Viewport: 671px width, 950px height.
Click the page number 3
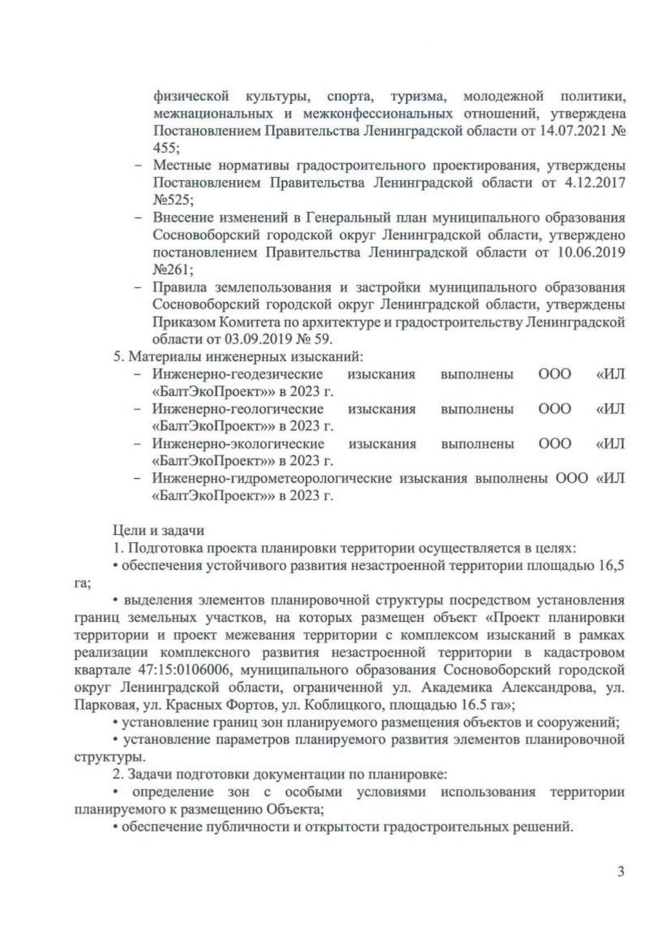620,887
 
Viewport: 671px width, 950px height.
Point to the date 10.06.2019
592,252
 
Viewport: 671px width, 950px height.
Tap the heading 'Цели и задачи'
159,530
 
